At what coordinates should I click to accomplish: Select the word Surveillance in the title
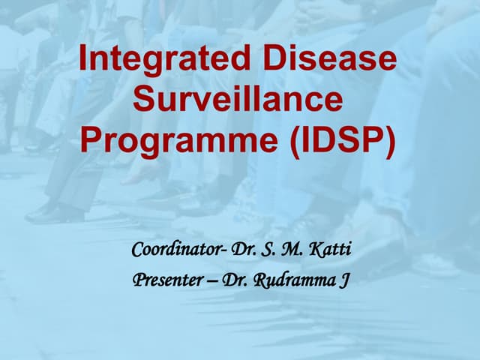pyautogui.click(x=238, y=100)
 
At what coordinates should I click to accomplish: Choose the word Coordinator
pyautogui.click(x=175, y=249)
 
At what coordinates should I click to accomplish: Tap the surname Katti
pyautogui.click(x=329, y=249)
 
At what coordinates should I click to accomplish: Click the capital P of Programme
pyautogui.click(x=91, y=140)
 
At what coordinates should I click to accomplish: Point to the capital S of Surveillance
pyautogui.click(x=144, y=100)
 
